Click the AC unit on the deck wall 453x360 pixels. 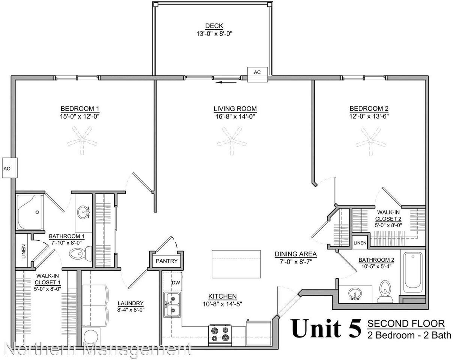[x=257, y=73]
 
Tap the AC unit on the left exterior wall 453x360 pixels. [x=7, y=168]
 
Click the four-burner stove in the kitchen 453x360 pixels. [x=220, y=334]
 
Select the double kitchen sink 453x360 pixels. [x=172, y=304]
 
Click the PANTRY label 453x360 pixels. [x=166, y=261]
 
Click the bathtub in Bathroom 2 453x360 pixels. [x=412, y=273]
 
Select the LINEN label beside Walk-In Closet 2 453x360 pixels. [x=360, y=243]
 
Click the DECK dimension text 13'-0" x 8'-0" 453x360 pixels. [x=214, y=33]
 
